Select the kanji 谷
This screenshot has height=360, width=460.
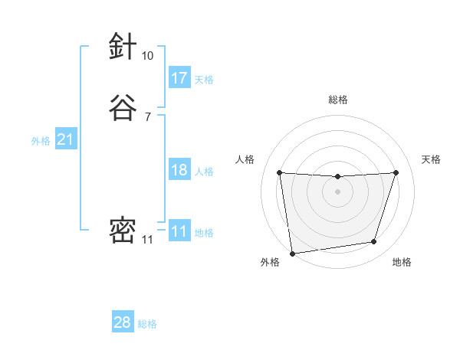[123, 107]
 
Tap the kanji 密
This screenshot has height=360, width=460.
[123, 230]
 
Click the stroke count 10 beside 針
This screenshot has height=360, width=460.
[147, 56]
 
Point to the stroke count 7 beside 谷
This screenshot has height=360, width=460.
[147, 117]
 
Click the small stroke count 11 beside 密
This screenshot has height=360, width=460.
[147, 240]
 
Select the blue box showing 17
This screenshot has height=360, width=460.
[179, 78]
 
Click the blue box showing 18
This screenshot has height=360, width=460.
[179, 170]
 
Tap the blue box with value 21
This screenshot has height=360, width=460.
[65, 139]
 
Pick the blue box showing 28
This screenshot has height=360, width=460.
[123, 322]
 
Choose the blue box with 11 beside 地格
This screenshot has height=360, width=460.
[179, 231]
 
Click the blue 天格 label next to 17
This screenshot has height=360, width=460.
[204, 80]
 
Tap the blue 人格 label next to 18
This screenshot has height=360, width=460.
[204, 172]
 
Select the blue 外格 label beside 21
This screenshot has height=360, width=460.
[41, 141]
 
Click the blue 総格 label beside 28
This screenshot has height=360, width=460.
[147, 324]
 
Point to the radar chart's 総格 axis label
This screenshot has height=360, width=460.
[337, 100]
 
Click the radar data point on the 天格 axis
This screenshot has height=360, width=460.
[396, 172]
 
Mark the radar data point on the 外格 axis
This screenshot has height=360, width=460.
[292, 253]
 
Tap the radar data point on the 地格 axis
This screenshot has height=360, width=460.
[374, 242]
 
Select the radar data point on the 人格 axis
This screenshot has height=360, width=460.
[279, 172]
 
